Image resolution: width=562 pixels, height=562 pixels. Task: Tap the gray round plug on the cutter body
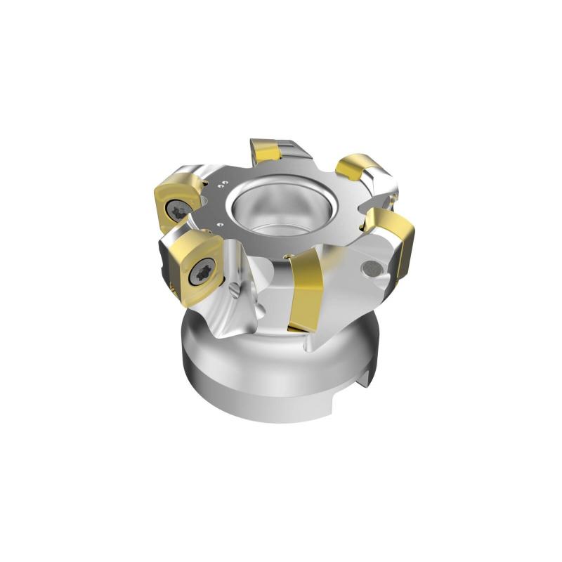point(372,268)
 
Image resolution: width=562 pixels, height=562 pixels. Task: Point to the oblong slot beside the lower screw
point(234,287)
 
